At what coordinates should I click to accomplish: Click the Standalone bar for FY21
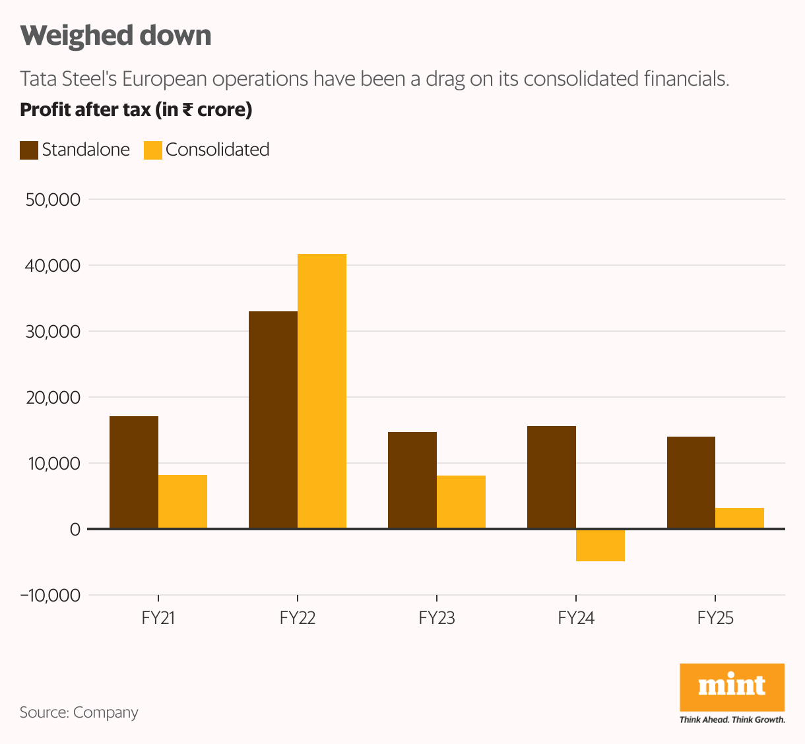(134, 472)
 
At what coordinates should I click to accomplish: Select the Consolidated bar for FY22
(322, 391)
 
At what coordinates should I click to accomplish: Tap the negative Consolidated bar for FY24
(600, 545)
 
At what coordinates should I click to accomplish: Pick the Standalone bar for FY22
(273, 419)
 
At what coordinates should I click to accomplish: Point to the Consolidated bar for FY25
(740, 518)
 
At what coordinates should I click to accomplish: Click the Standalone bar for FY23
(412, 480)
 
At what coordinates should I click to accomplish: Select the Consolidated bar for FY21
(183, 501)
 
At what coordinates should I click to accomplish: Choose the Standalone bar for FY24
(552, 477)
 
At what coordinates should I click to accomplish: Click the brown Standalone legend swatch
(29, 150)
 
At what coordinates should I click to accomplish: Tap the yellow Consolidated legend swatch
(153, 150)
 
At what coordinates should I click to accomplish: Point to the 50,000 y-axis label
(53, 200)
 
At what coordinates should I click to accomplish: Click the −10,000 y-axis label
(50, 596)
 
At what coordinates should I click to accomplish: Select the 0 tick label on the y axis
(75, 530)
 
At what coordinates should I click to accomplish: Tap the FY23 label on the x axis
(437, 619)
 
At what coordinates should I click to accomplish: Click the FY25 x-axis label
(715, 619)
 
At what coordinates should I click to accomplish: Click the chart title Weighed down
(116, 36)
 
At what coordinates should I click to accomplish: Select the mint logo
(732, 687)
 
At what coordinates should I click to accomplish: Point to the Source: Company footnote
(79, 712)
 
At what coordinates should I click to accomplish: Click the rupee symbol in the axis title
(187, 109)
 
